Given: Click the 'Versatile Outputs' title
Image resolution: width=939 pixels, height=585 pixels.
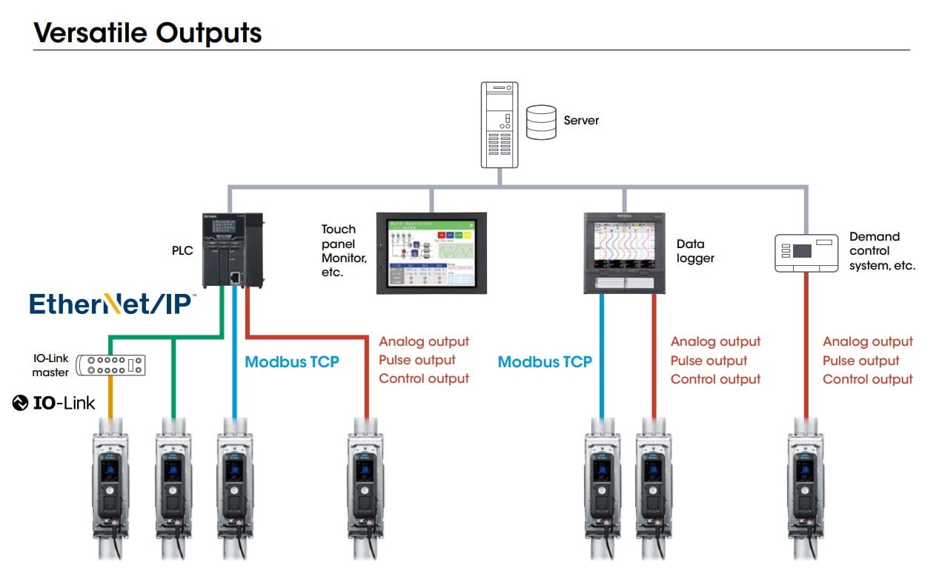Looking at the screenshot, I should pyautogui.click(x=147, y=33).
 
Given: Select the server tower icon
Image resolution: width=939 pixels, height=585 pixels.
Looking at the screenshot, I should pyautogui.click(x=499, y=124).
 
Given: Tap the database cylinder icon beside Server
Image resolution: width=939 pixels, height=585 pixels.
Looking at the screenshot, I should pyautogui.click(x=541, y=122).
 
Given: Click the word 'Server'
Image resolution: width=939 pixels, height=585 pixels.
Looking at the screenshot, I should pyautogui.click(x=581, y=120).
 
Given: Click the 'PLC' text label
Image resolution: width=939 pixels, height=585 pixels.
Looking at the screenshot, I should pyautogui.click(x=182, y=250).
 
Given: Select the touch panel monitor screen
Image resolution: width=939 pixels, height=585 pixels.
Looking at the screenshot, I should pyautogui.click(x=431, y=253).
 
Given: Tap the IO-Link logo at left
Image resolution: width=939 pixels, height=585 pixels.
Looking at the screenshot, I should pyautogui.click(x=54, y=403).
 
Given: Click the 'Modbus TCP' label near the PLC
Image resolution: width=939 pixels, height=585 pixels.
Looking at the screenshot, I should pyautogui.click(x=292, y=361).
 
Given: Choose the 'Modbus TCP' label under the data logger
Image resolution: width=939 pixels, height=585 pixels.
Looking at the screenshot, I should pyautogui.click(x=545, y=361).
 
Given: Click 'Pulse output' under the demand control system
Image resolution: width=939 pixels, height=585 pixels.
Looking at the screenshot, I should pyautogui.click(x=860, y=361).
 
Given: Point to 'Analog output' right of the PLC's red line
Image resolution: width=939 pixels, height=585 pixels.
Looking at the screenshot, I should pyautogui.click(x=424, y=341).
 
